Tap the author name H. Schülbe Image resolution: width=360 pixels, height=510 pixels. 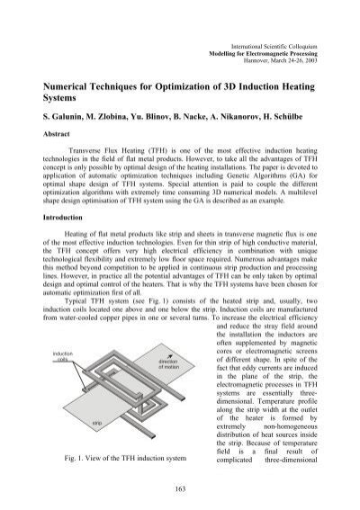click(x=289, y=119)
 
